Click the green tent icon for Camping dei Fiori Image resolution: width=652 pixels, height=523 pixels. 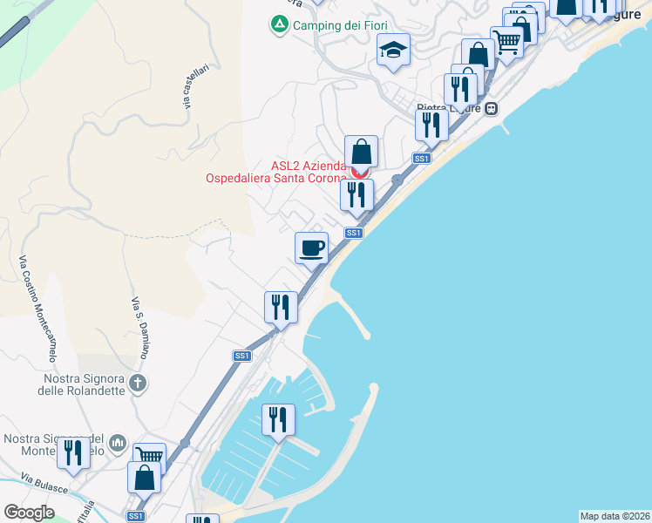point(279,25)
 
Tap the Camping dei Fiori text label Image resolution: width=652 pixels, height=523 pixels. point(339,25)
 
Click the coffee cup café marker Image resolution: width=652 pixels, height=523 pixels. point(311,248)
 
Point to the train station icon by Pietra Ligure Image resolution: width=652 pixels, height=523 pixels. point(492,109)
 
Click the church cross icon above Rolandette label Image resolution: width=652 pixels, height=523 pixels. point(137,382)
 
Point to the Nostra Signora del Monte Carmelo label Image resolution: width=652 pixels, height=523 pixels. point(54,445)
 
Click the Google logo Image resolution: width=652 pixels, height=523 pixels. point(29,512)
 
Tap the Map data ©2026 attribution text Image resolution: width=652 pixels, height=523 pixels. point(615,516)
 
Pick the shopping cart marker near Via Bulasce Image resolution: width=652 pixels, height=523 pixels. point(150,457)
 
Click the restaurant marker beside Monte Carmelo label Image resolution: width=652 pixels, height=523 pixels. point(73,452)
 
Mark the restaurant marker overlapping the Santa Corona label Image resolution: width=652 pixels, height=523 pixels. point(357,194)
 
